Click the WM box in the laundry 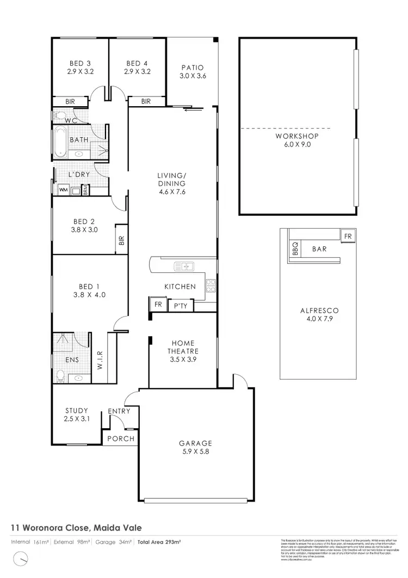pyautogui.click(x=63, y=190)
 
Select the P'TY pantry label pyautogui.click(x=180, y=306)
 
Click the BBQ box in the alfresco pyautogui.click(x=295, y=249)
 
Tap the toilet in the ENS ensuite pyautogui.click(x=61, y=375)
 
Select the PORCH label pyautogui.click(x=120, y=439)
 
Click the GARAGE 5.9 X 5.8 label pyautogui.click(x=195, y=447)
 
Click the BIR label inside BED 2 pyautogui.click(x=121, y=240)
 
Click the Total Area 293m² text pyautogui.click(x=159, y=542)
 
